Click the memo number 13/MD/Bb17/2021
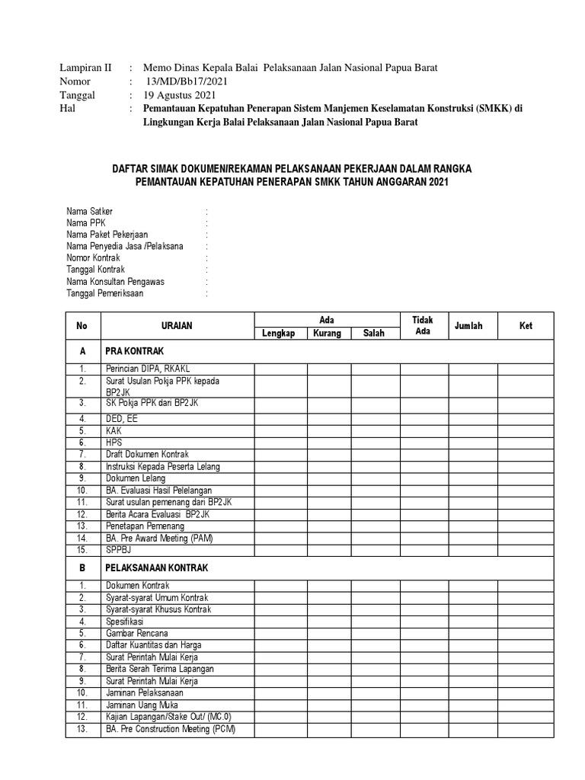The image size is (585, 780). click(185, 82)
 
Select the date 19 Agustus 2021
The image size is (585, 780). click(180, 95)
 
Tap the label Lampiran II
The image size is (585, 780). click(85, 68)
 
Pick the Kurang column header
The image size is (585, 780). click(327, 334)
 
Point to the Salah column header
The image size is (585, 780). click(373, 334)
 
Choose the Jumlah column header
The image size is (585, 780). click(468, 326)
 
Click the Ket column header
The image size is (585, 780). click(526, 326)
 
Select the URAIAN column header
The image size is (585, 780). click(177, 326)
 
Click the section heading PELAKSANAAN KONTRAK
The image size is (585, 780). click(156, 568)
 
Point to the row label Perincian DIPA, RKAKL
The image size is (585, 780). click(144, 369)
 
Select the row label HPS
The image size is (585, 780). click(114, 442)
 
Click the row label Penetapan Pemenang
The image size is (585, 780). click(145, 526)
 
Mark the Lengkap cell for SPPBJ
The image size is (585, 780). click(280, 549)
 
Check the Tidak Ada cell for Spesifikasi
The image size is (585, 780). click(424, 622)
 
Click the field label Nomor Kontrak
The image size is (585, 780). click(93, 258)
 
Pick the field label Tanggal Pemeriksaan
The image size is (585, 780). click(104, 293)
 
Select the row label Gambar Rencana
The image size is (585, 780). click(137, 634)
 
